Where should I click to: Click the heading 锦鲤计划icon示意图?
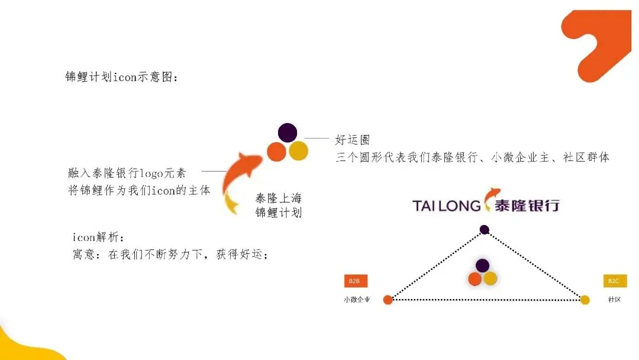pyautogui.click(x=122, y=77)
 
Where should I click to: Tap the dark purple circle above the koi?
pyautogui.click(x=287, y=132)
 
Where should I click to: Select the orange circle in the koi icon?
pyautogui.click(x=276, y=152)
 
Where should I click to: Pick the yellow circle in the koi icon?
pyautogui.click(x=298, y=151)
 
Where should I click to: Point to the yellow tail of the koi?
pyautogui.click(x=232, y=204)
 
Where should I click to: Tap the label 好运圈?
pyautogui.click(x=353, y=140)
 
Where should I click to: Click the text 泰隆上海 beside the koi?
pyautogui.click(x=278, y=198)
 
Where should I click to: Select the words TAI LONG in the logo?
pyautogui.click(x=446, y=205)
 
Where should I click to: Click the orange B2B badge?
pyautogui.click(x=354, y=281)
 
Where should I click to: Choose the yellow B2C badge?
pyautogui.click(x=614, y=281)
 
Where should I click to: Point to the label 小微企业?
pyautogui.click(x=357, y=300)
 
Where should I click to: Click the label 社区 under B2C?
pyautogui.click(x=614, y=300)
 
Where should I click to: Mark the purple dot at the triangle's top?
pyautogui.click(x=485, y=229)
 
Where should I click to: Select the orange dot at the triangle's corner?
pyautogui.click(x=388, y=300)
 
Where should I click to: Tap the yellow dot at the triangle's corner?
pyautogui.click(x=585, y=300)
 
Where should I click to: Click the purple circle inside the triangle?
pyautogui.click(x=483, y=265)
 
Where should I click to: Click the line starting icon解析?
pyautogui.click(x=99, y=237)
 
